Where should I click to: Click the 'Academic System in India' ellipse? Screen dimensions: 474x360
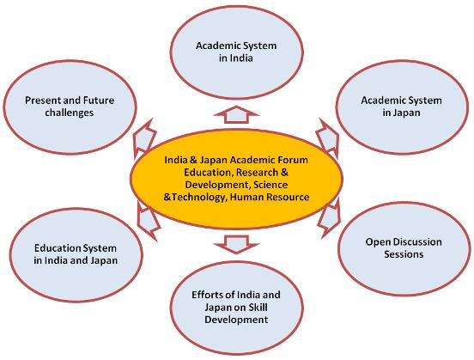(x=236, y=52)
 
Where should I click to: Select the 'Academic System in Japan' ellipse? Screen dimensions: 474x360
(x=403, y=107)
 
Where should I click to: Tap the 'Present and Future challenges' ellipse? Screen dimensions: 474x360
(x=70, y=107)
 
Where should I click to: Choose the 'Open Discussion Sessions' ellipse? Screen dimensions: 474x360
(x=404, y=248)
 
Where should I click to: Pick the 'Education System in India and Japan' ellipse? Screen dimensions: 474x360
(x=76, y=254)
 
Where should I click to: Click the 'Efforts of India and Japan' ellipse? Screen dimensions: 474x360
(x=236, y=308)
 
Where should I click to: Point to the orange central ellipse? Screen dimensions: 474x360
(x=236, y=179)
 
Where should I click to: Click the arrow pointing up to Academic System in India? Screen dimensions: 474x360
(x=236, y=114)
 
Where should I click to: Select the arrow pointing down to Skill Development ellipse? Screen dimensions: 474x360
(x=236, y=244)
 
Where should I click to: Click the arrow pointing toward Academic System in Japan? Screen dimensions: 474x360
(x=328, y=137)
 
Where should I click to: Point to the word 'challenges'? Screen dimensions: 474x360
(x=70, y=113)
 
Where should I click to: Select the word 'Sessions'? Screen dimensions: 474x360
(x=404, y=254)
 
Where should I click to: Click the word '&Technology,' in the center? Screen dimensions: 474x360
(x=195, y=198)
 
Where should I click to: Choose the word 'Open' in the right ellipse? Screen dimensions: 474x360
(x=377, y=242)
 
